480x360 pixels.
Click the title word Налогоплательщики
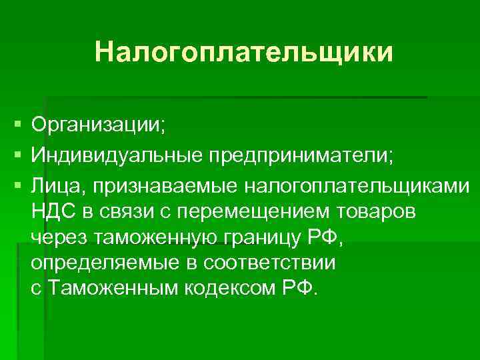(x=243, y=52)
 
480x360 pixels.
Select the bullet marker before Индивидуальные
(x=16, y=155)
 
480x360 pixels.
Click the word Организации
(x=98, y=124)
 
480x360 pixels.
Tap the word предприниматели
(x=301, y=155)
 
